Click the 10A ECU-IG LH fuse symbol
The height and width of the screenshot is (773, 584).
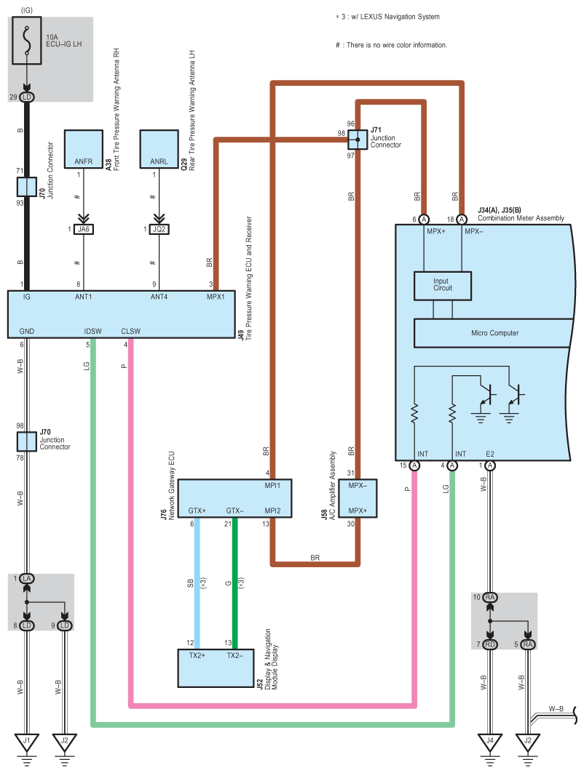tap(28, 42)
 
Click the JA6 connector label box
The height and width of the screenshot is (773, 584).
tap(84, 229)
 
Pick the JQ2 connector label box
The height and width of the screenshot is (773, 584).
tap(159, 229)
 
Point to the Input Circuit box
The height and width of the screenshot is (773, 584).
tap(442, 285)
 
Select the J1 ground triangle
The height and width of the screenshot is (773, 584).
tap(28, 742)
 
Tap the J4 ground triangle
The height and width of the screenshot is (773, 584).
tap(490, 742)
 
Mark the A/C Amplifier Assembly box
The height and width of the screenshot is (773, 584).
tap(358, 498)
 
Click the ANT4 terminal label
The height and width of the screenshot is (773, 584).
tap(160, 297)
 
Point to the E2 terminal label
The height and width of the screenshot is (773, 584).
tap(491, 454)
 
